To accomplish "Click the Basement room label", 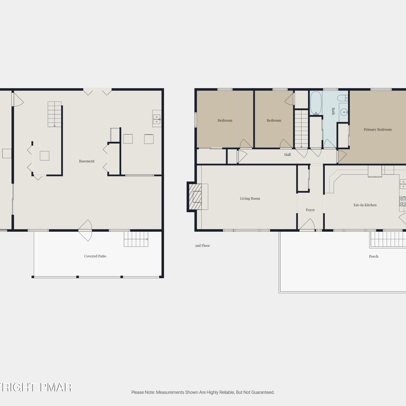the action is [x=87, y=161].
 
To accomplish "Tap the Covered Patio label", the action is [x=95, y=256].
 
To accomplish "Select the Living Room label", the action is [x=250, y=198].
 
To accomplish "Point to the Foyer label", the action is [x=310, y=210].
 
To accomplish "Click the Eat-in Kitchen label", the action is [x=365, y=205].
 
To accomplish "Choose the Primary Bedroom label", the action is [x=378, y=129].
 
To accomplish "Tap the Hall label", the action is [x=287, y=155].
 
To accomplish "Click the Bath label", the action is [x=333, y=111].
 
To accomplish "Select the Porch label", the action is [x=374, y=256].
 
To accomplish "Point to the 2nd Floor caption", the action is [x=202, y=245].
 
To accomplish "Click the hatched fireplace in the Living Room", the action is [x=195, y=197].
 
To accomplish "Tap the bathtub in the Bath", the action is [x=316, y=103].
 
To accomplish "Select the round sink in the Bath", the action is [x=344, y=112].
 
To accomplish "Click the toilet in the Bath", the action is [x=343, y=98].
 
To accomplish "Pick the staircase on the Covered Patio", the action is [x=136, y=239].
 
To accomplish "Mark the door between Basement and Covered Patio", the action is [x=85, y=230].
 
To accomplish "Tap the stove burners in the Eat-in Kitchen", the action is [x=403, y=201].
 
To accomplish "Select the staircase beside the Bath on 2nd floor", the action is [x=301, y=129].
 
